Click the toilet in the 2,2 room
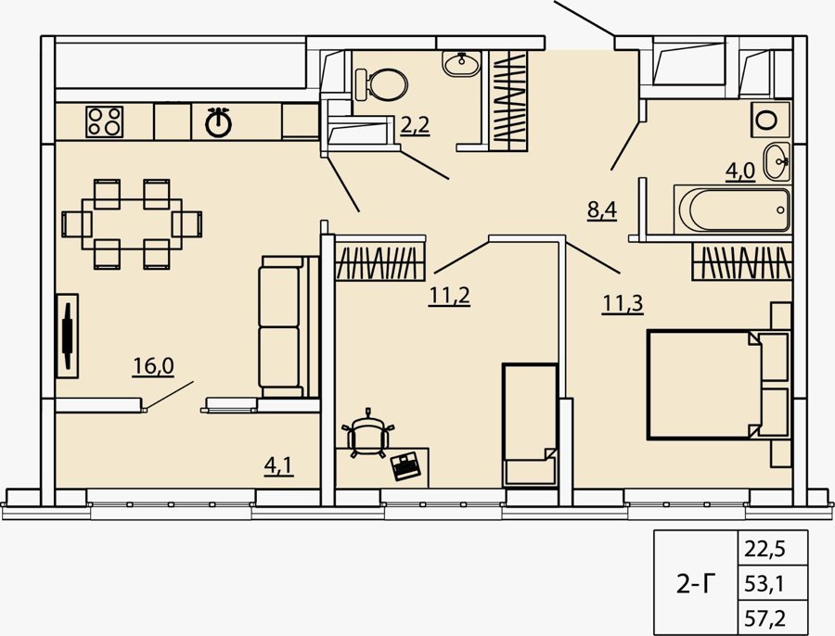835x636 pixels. [x=380, y=84]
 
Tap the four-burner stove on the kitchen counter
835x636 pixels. [x=104, y=121]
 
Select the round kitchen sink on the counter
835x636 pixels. [x=218, y=123]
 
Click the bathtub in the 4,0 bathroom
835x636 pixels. [x=732, y=210]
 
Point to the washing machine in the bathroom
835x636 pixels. [x=770, y=120]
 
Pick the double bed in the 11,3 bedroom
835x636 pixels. [x=718, y=385]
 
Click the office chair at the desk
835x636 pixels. [x=368, y=433]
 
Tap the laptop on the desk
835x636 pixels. [x=405, y=466]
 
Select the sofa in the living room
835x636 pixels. [x=288, y=326]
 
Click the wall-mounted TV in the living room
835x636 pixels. [x=68, y=336]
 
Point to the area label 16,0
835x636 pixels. [x=153, y=366]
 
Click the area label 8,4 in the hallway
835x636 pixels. [x=602, y=210]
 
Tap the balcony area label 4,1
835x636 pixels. [x=278, y=465]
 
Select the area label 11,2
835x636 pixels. [x=449, y=296]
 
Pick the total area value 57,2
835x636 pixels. [x=764, y=618]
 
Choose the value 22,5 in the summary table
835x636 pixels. [x=764, y=549]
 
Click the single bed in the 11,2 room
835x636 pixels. [x=531, y=425]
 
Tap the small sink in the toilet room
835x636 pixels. [x=461, y=64]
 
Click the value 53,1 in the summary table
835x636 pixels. [x=764, y=584]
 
